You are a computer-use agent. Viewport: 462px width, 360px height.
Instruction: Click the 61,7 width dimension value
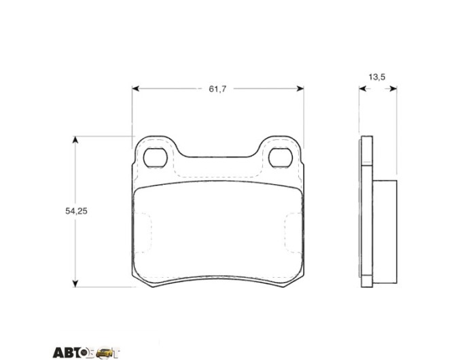[217, 89]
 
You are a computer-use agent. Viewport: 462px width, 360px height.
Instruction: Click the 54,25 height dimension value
[76, 211]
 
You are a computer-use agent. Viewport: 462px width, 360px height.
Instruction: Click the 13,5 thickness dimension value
[377, 77]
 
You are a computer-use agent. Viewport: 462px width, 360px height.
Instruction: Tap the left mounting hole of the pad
[156, 158]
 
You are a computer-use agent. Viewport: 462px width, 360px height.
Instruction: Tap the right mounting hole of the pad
[281, 158]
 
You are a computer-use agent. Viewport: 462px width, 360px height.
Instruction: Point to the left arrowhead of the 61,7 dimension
[135, 88]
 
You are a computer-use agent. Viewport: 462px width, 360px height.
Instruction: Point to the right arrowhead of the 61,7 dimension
[300, 88]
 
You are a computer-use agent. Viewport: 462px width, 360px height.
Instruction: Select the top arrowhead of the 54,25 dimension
[75, 140]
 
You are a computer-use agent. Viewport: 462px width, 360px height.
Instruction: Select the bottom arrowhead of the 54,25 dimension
[75, 283]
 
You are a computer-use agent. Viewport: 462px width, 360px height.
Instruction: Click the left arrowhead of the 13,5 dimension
[363, 89]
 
